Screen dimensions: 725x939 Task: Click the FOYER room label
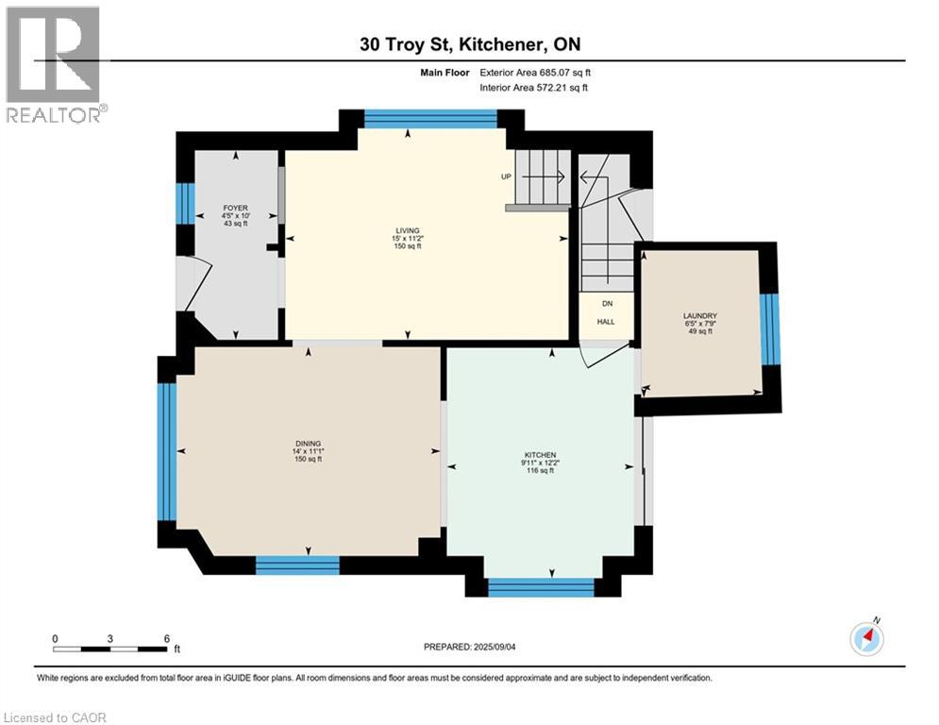click(235, 208)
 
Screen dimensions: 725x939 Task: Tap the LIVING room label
click(408, 229)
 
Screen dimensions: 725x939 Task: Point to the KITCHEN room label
click(542, 455)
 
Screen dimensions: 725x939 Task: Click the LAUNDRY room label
click(701, 316)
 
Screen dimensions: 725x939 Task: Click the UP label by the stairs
click(507, 177)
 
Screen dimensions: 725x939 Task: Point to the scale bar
click(110, 649)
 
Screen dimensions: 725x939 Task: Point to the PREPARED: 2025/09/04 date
click(471, 647)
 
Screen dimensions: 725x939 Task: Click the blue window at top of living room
click(430, 118)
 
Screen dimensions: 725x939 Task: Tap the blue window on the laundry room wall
click(771, 329)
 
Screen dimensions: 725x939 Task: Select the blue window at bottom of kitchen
click(541, 586)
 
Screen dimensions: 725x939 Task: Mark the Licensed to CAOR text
click(54, 717)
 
